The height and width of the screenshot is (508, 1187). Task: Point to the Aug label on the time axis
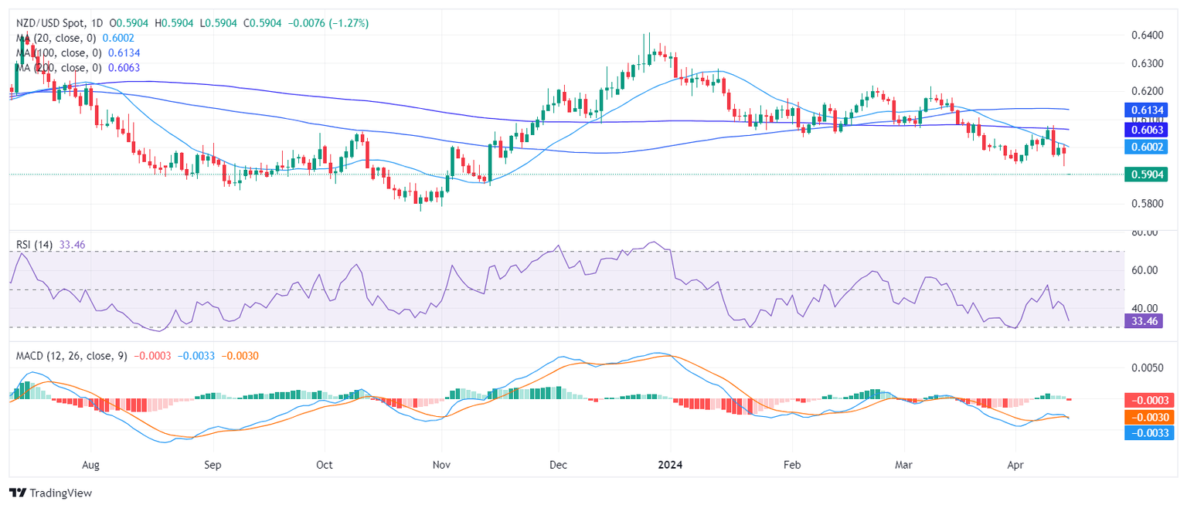click(90, 466)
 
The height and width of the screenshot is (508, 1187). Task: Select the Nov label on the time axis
click(441, 466)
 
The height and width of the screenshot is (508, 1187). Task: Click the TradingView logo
click(50, 493)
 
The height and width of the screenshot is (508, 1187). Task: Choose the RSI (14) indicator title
click(35, 245)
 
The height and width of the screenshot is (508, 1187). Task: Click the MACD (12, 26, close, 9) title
click(72, 355)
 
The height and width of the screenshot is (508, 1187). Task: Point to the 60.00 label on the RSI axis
click(1146, 270)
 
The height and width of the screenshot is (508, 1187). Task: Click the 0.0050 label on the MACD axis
click(1146, 367)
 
